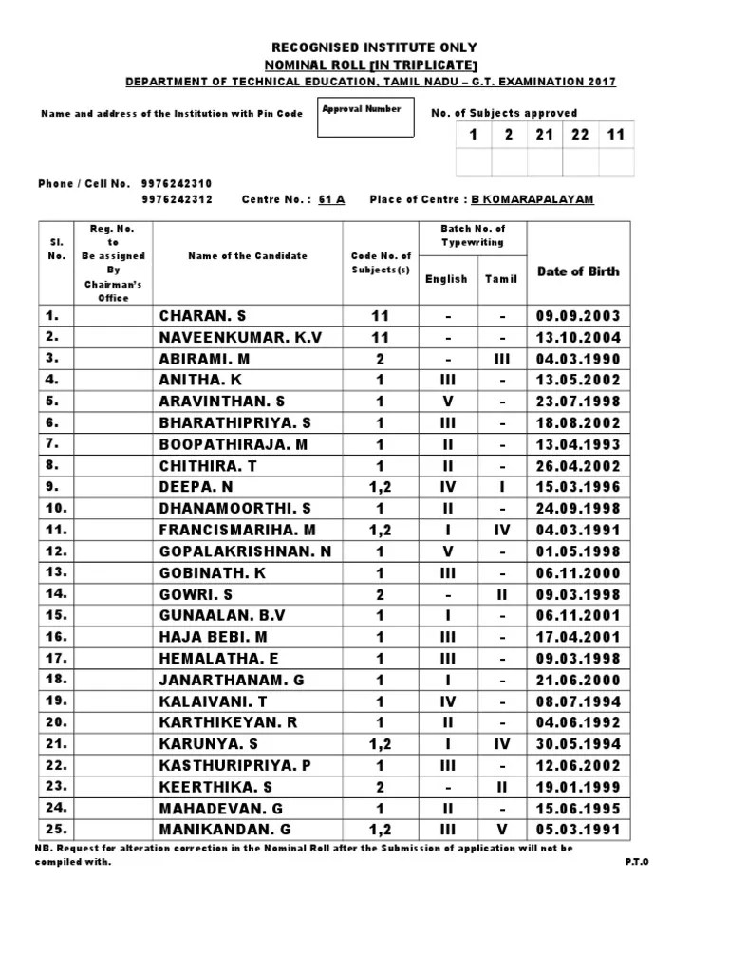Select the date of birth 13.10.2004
click(578, 337)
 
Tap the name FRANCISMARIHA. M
click(237, 530)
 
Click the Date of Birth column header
click(578, 271)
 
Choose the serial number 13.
click(56, 571)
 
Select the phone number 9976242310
click(177, 183)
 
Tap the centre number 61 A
click(332, 200)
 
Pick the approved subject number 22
click(580, 135)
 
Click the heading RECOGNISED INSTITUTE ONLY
click(375, 47)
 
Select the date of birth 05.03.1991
click(578, 830)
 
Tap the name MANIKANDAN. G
click(224, 830)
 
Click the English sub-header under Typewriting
click(446, 279)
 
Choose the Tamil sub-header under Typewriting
click(502, 279)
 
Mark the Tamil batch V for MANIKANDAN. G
click(502, 830)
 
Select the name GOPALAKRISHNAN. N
click(245, 551)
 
